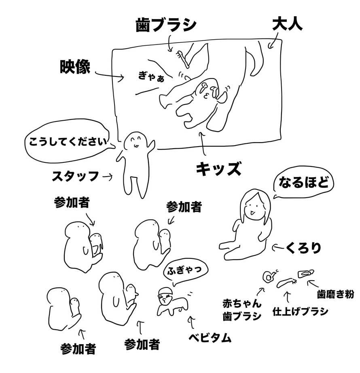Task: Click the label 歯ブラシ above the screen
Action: (x=166, y=25)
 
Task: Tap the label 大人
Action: (x=287, y=24)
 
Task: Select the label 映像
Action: (x=75, y=66)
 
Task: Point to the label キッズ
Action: (x=218, y=168)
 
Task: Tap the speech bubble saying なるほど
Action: (x=303, y=182)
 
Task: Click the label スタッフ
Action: (x=75, y=176)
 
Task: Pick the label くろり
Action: (x=303, y=248)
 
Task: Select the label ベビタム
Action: (x=210, y=338)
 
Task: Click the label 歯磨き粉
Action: (x=335, y=294)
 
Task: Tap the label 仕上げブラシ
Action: (x=301, y=311)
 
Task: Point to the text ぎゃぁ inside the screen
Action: (x=151, y=77)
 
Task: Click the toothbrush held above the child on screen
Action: (x=183, y=58)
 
